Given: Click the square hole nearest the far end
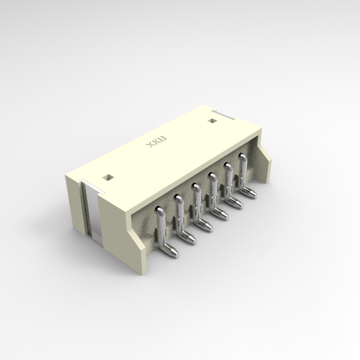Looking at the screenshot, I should pos(211,120).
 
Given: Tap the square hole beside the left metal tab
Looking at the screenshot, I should pos(108,177).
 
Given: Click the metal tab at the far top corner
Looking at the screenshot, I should pos(225,114).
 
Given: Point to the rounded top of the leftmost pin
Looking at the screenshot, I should pos(159,210).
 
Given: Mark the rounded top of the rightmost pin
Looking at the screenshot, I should pos(242,156).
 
